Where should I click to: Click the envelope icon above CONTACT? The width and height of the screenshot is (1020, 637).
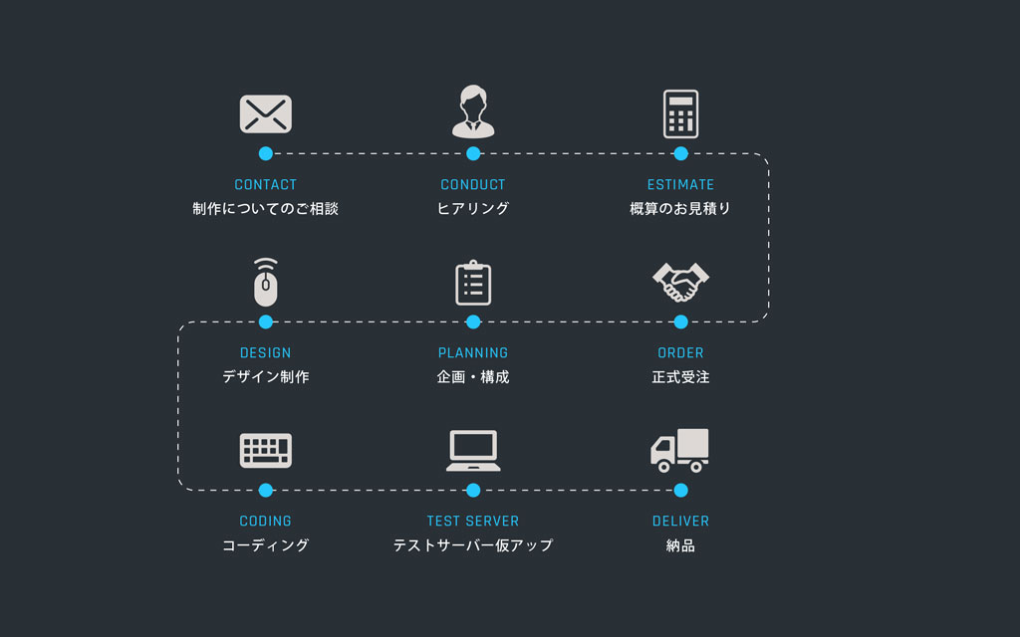pos(266,113)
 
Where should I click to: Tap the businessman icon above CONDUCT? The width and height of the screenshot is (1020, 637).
pos(473,111)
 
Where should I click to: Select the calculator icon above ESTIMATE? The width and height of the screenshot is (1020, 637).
pos(680,113)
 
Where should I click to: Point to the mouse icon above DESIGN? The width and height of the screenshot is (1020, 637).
pos(266,284)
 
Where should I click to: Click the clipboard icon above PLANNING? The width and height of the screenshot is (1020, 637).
pos(473,283)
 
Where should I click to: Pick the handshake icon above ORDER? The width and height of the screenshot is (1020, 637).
pos(680,283)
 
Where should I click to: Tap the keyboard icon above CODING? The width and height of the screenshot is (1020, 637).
pos(266,450)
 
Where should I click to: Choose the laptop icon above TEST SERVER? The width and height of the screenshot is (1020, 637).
pos(473,451)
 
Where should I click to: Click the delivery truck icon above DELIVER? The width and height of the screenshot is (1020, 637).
pos(680,450)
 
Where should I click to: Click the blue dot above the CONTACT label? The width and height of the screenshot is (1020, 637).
pos(266,153)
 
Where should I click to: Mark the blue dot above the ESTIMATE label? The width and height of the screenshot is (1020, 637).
pos(680,153)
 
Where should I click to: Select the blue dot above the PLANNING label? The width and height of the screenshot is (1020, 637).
pos(473,321)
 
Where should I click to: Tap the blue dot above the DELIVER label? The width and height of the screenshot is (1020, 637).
pos(680,490)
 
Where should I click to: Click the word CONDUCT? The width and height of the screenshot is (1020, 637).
pos(473,184)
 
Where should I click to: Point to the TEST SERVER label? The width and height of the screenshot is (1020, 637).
pos(473,521)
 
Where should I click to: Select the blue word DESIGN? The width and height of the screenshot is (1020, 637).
pos(266,352)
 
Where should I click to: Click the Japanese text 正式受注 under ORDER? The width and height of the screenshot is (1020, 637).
pos(680,377)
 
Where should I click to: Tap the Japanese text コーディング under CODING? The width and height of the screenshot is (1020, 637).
pos(266,545)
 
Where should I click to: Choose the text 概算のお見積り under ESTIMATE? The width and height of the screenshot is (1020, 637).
pos(680,209)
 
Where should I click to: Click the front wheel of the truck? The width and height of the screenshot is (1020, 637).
pos(664,466)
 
